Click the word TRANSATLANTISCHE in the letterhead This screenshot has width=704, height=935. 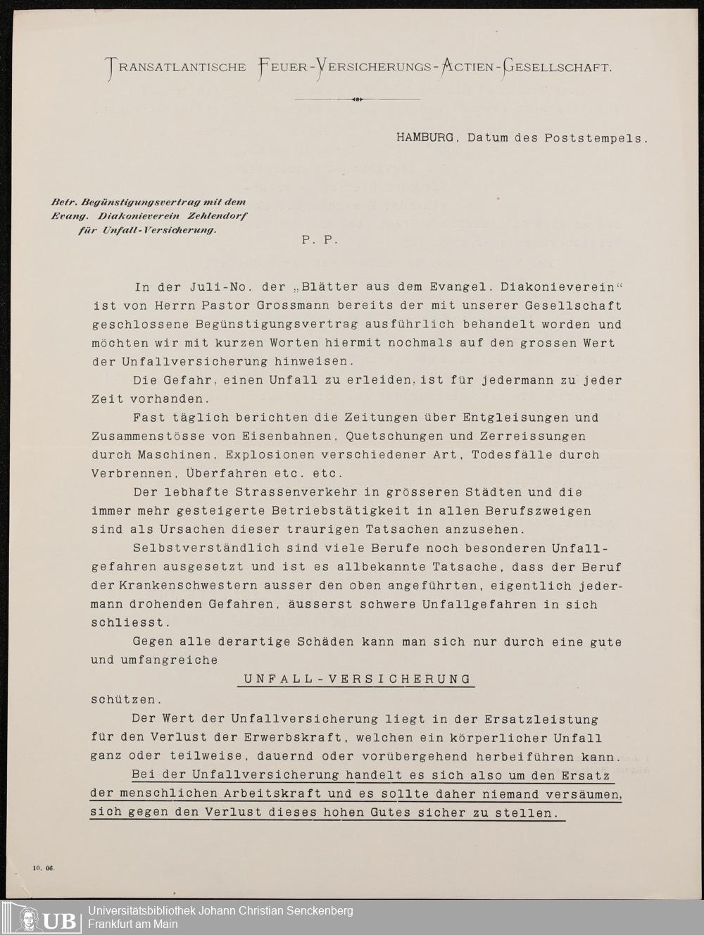click(176, 68)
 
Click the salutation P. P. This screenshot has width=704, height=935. click(320, 239)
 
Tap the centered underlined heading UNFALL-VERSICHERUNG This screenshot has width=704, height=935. click(357, 679)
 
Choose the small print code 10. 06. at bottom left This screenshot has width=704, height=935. click(43, 867)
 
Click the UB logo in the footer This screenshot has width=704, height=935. click(47, 918)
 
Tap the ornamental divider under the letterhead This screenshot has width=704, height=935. click(357, 99)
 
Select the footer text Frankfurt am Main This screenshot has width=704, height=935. click(132, 924)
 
